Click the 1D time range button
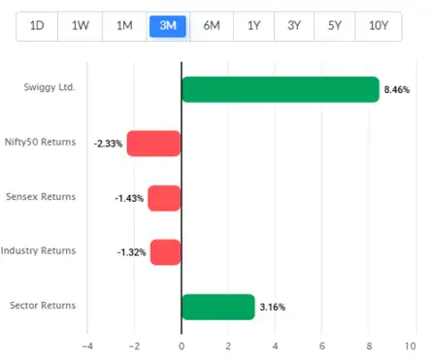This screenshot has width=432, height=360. (38, 26)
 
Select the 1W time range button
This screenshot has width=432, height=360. (82, 26)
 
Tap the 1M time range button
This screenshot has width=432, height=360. (124, 26)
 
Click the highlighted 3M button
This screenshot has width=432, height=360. (167, 26)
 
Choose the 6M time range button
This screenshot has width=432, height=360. (210, 26)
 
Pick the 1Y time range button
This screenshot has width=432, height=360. (252, 26)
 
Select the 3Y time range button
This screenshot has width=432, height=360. (294, 26)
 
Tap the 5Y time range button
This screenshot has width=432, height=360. (336, 26)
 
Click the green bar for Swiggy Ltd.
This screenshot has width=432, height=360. (280, 89)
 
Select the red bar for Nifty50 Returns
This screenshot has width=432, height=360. (154, 144)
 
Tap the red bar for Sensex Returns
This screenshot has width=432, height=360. (165, 198)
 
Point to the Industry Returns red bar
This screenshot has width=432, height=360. (166, 252)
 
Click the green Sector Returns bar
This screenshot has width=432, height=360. (217, 307)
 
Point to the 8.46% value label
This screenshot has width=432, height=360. (398, 89)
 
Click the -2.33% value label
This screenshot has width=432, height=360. (108, 144)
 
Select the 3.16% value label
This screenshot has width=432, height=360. (273, 308)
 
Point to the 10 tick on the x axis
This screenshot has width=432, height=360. (415, 344)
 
